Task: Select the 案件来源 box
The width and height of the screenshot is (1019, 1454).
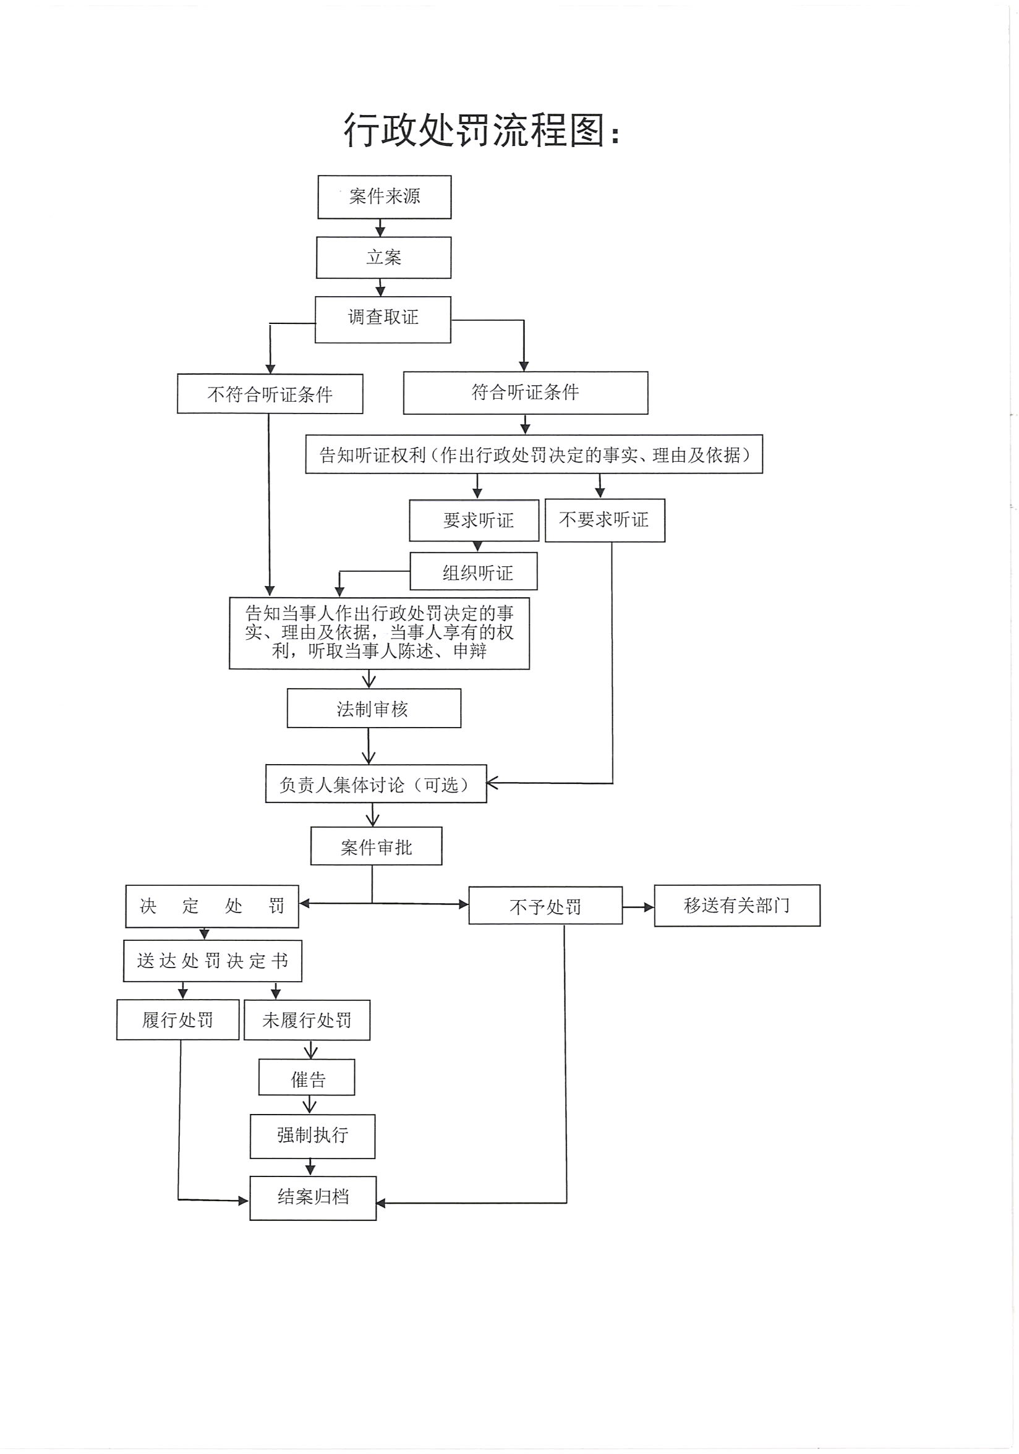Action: (385, 197)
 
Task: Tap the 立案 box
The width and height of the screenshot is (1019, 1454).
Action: (384, 258)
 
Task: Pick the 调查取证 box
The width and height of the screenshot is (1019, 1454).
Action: (383, 319)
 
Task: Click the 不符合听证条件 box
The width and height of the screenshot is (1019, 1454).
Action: (270, 394)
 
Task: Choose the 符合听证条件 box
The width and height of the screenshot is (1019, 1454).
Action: (526, 393)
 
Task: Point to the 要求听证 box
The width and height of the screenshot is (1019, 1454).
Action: (474, 520)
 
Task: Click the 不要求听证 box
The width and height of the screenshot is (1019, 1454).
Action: (605, 520)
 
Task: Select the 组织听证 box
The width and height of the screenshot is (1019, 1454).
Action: (474, 571)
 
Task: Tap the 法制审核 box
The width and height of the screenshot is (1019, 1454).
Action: (373, 708)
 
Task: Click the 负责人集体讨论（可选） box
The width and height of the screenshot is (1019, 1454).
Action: (375, 784)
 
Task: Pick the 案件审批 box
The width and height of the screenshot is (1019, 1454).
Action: (376, 846)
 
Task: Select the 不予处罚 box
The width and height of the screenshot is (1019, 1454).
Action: (545, 906)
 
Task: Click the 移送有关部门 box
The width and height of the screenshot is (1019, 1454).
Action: (736, 905)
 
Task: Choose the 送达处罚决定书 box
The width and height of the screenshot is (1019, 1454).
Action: (212, 961)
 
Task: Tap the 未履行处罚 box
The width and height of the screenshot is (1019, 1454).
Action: (307, 1019)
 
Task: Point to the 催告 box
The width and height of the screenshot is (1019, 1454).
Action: (307, 1077)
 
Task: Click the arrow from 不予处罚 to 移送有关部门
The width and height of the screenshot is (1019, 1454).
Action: (637, 907)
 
